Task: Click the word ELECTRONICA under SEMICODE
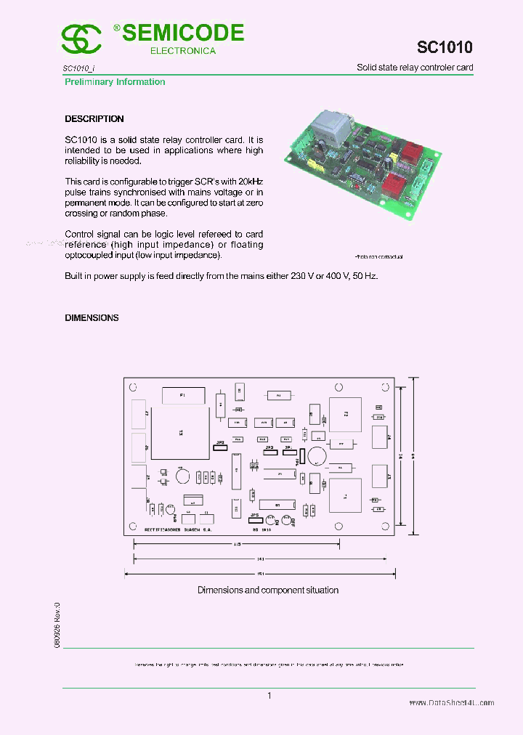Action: [183, 51]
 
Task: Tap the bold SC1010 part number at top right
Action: [445, 47]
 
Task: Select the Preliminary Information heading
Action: [115, 82]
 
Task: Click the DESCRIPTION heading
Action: [94, 118]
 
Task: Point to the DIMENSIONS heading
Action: [92, 317]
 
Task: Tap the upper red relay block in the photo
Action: [412, 155]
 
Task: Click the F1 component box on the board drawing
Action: [182, 396]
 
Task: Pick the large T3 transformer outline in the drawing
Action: [181, 432]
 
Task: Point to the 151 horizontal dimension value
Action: [260, 573]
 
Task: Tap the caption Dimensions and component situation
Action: [268, 590]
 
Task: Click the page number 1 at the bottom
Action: [269, 696]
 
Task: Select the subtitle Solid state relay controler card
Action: [415, 68]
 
